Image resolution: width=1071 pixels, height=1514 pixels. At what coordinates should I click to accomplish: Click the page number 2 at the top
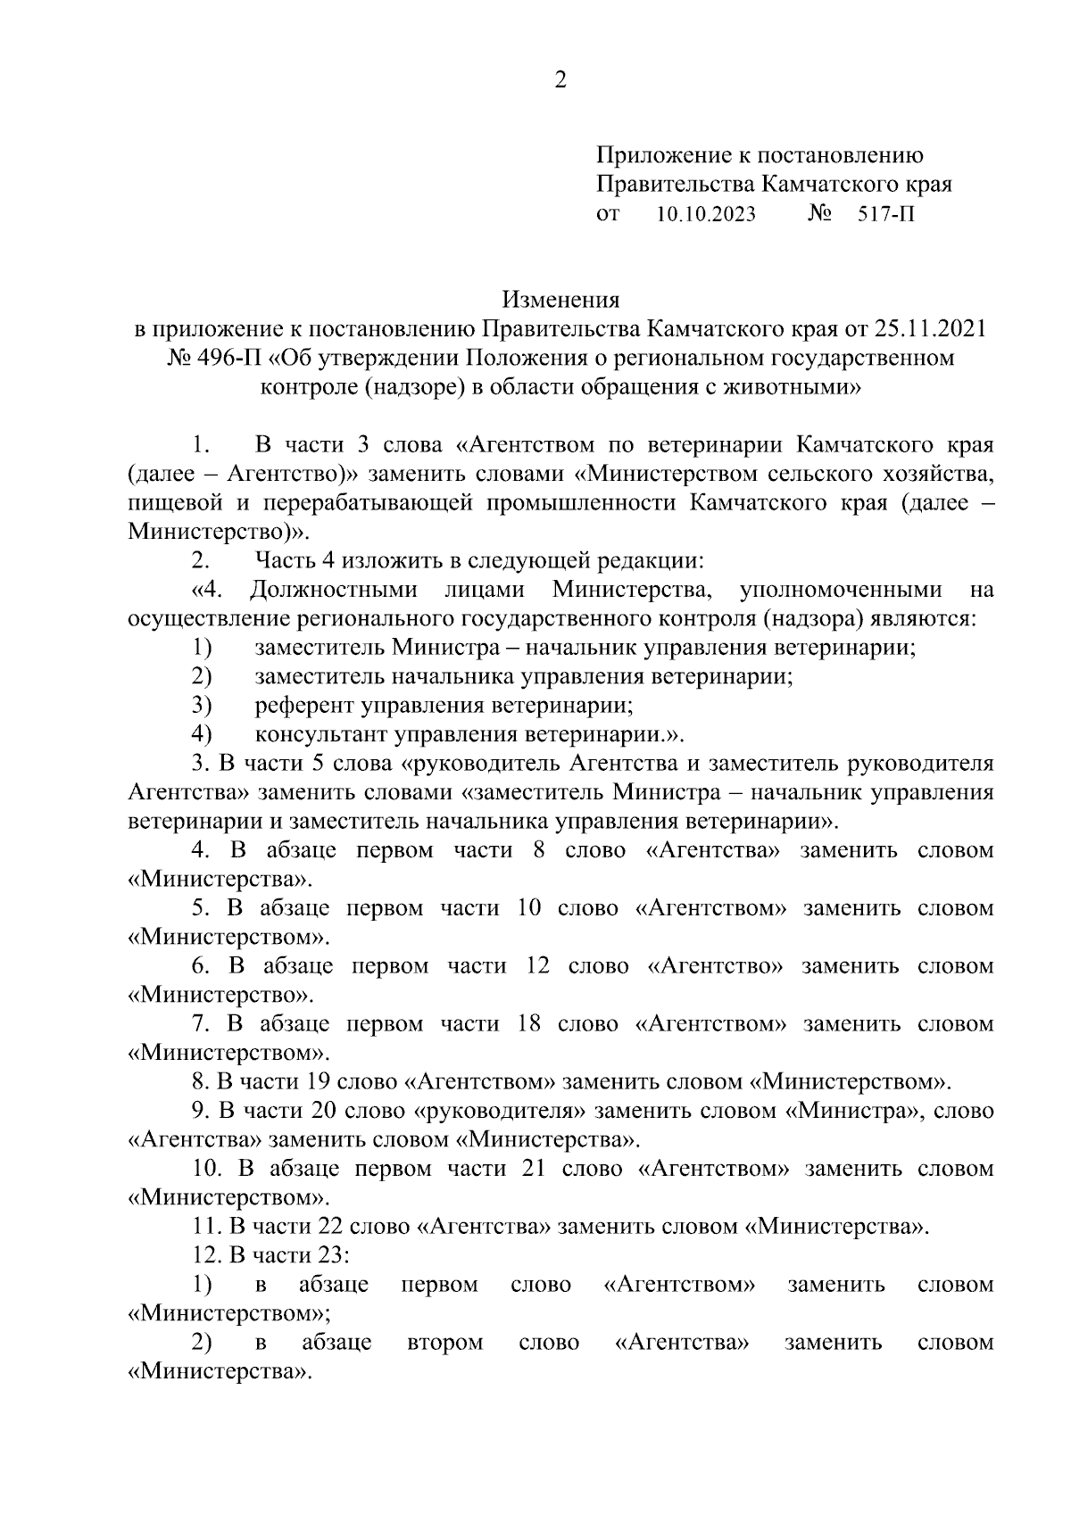coord(560,81)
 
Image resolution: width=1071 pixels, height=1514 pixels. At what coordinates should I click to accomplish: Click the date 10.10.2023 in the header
coord(705,215)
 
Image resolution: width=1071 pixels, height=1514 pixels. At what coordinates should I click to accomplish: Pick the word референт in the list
coord(304,706)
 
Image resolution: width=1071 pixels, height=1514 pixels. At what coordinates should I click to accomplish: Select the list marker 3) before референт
coord(200,706)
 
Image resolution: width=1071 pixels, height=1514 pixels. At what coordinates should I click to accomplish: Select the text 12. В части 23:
coord(270,1256)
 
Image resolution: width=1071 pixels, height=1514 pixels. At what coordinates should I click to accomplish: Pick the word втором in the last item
coord(444,1343)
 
